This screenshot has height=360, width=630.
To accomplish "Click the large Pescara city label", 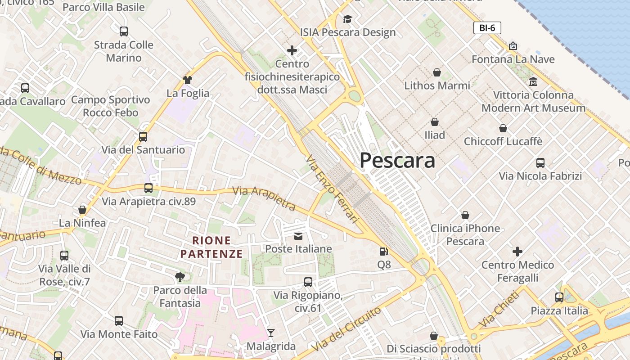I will pos(397,161).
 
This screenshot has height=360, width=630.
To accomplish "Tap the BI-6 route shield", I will pos(487,28).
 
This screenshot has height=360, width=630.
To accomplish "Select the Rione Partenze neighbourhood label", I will pos(211,247).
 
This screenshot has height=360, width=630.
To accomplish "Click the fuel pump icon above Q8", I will pos(383,252).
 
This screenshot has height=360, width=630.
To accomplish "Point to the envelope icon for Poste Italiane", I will pos(298,236).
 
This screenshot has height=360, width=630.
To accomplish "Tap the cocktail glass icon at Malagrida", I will pos(271,333).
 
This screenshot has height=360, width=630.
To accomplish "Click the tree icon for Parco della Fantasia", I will pos(180,277).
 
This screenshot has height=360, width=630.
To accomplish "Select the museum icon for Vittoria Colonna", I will pos(533,82).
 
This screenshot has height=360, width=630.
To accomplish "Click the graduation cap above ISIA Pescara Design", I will pos(347,19).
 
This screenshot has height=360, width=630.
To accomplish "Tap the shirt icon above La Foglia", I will pos(188,80).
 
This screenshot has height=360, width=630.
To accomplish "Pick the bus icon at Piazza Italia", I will pos(559,297).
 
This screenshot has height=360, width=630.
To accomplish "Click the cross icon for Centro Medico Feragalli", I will pos(517,251).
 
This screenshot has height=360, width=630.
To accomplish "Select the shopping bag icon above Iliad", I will pos(435,122).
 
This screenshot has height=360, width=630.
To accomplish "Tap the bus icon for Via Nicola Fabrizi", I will pos(540,162).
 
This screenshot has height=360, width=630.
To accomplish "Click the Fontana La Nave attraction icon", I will pos(513,46).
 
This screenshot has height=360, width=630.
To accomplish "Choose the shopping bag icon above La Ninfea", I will pos(82,210).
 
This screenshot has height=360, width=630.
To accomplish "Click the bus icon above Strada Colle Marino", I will pos(124,31).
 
